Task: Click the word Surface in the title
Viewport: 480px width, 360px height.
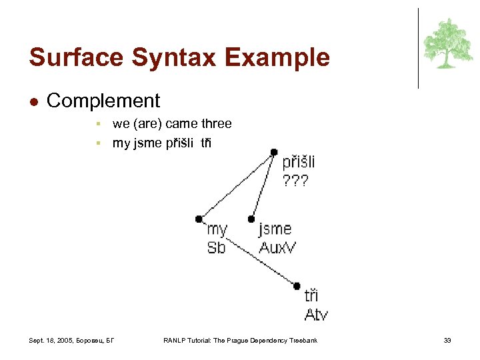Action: [x=77, y=57]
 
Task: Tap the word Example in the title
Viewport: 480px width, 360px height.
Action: [x=277, y=57]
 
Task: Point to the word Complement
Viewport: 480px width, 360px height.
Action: [x=103, y=101]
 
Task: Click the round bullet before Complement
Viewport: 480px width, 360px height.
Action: [x=34, y=101]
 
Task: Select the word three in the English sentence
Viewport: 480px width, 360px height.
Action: [x=215, y=123]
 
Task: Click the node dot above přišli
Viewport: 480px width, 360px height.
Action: [x=274, y=152]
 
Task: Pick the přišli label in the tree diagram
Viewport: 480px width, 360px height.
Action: [x=299, y=162]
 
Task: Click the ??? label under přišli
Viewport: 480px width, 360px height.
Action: [x=295, y=180]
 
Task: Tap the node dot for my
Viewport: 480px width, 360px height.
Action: [x=199, y=219]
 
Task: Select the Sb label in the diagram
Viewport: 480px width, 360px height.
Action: [x=216, y=247]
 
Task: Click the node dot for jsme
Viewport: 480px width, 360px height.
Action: [x=251, y=219]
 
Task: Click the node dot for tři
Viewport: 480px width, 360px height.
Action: [x=297, y=286]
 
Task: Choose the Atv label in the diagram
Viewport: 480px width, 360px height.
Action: [x=316, y=314]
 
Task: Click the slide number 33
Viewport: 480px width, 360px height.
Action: [x=447, y=341]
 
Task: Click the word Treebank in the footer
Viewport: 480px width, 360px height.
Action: [x=302, y=341]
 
